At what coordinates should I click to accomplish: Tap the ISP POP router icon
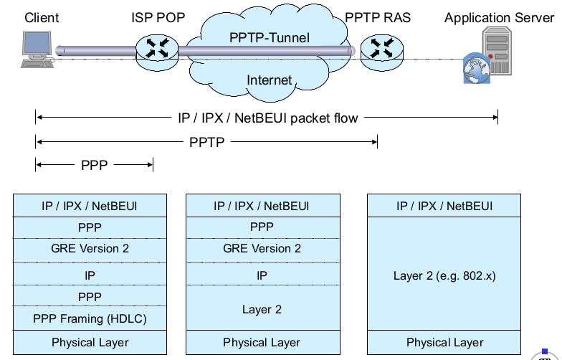click(156, 49)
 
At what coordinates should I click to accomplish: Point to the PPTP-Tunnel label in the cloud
click(270, 37)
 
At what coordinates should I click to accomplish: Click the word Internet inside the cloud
click(269, 80)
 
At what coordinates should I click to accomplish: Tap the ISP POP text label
click(158, 17)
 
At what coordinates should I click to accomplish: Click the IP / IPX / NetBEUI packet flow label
click(267, 118)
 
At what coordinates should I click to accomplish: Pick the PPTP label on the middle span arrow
click(207, 142)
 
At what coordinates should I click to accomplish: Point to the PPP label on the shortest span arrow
click(94, 166)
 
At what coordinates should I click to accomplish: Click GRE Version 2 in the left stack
click(90, 248)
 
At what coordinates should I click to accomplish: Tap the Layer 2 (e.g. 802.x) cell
click(444, 275)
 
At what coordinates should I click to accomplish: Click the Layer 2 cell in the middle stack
click(262, 310)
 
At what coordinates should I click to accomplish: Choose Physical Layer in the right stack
click(444, 342)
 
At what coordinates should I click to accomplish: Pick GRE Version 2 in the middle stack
click(262, 248)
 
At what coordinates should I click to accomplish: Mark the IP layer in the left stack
click(90, 274)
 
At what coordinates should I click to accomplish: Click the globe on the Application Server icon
click(474, 68)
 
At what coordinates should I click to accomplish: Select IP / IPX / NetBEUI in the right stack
click(444, 207)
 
